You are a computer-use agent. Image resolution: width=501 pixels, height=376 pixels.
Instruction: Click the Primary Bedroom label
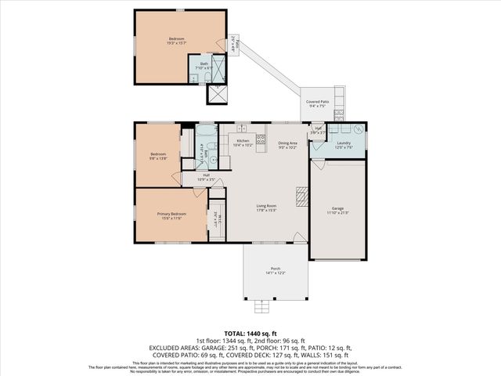pos(171,215)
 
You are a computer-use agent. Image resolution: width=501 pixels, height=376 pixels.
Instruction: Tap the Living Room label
pos(267,208)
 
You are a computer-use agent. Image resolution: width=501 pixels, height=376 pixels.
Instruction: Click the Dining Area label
pos(287,145)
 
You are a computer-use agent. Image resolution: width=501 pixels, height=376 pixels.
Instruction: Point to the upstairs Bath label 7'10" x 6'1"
pos(204,66)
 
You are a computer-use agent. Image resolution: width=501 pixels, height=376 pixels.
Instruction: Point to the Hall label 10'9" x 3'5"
pos(206,177)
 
